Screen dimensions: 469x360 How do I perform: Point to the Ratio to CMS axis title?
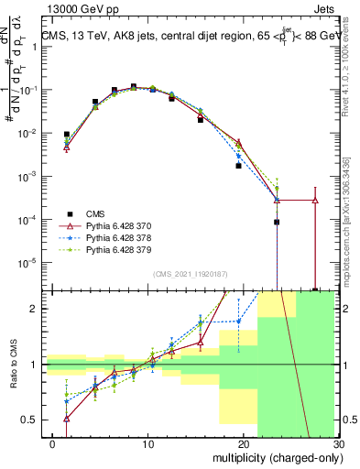click(x=14, y=367)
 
